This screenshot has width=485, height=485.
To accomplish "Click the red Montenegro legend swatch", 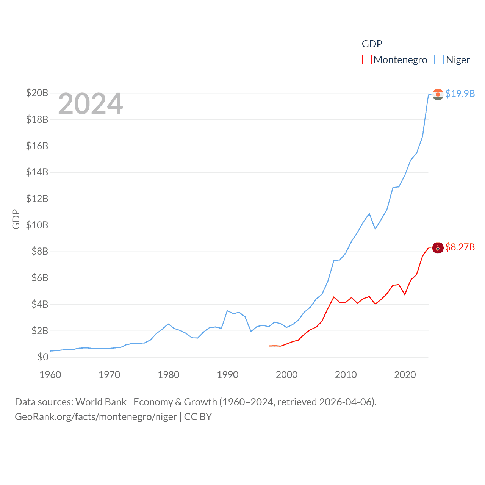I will (x=366, y=60).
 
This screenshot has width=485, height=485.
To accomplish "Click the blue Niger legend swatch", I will (x=439, y=60).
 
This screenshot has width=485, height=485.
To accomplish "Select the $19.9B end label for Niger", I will (x=460, y=94).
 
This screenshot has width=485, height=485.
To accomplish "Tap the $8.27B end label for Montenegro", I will (x=460, y=247).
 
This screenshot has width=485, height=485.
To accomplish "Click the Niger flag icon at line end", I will (x=438, y=94).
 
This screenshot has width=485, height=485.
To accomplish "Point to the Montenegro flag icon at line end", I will (x=438, y=248).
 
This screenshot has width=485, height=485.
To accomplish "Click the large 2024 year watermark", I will (x=91, y=104).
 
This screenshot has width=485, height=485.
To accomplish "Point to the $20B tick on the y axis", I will (x=37, y=93).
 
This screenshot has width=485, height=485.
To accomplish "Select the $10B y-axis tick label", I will (x=37, y=225).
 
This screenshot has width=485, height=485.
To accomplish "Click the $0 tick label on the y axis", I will (x=43, y=357).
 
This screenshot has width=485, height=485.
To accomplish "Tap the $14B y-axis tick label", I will (x=37, y=172).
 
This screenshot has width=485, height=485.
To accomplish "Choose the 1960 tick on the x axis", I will (x=50, y=375).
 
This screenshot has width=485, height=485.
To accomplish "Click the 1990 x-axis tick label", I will (x=227, y=375).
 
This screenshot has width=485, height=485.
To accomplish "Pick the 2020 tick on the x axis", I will (x=405, y=375).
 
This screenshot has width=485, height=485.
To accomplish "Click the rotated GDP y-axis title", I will (x=16, y=219).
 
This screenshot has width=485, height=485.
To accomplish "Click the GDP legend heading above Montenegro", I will (x=372, y=44).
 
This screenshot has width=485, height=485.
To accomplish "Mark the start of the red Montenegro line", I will (x=269, y=346).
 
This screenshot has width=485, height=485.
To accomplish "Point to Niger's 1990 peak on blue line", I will (x=227, y=311).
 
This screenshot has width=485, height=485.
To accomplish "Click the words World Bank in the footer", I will (x=101, y=402).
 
